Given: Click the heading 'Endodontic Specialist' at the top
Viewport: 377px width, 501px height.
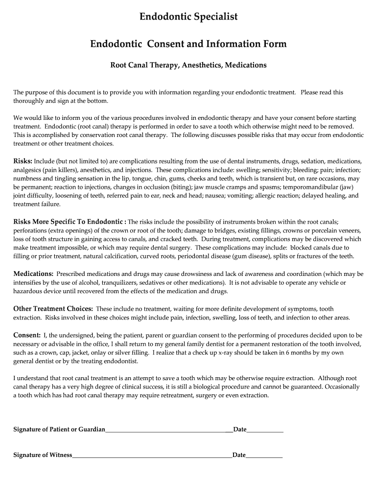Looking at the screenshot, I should click(x=188, y=17).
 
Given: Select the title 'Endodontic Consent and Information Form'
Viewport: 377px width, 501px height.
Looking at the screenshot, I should click(x=188, y=44).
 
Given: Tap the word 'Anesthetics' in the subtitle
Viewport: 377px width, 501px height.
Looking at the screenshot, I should click(x=202, y=65).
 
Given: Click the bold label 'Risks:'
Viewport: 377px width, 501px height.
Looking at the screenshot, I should click(x=23, y=161).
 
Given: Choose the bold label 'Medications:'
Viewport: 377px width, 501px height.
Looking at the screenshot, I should click(x=33, y=273).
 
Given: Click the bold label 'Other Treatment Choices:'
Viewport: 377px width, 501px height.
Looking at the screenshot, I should click(x=53, y=309).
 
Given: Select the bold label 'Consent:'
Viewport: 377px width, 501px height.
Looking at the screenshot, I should click(x=26, y=335).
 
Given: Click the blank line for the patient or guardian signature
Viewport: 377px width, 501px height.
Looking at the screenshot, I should click(x=168, y=430).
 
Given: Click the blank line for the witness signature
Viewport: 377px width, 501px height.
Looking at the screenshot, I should click(x=152, y=455).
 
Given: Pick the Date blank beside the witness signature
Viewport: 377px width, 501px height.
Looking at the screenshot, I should click(x=264, y=455).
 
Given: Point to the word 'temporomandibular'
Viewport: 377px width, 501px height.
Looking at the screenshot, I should click(x=306, y=187).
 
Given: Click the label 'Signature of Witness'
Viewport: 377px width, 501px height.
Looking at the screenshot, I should click(x=43, y=455).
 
